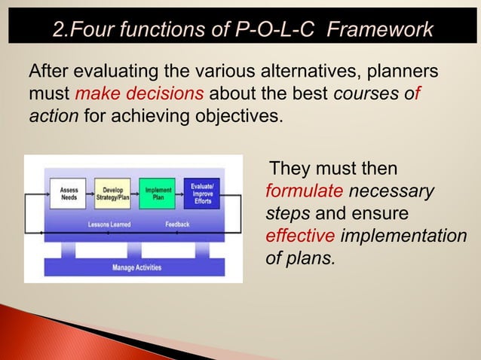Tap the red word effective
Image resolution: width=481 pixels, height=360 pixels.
300,236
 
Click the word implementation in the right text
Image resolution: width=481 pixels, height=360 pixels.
403,236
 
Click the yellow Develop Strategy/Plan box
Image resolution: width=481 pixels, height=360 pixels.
113,193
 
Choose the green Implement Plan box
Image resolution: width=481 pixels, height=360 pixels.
157,193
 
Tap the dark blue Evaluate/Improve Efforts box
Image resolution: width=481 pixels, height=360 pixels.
201,193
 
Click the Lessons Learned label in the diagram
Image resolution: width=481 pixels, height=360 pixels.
109,224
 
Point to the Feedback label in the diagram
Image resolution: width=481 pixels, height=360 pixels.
177,224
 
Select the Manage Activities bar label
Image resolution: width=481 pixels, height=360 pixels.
136,267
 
